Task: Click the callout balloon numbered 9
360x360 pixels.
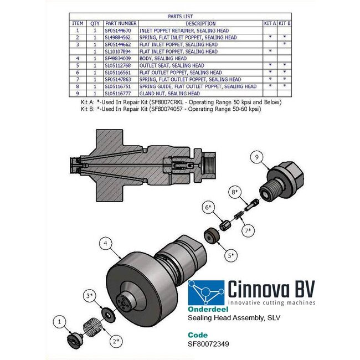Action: [256, 157]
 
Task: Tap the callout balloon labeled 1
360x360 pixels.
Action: [61, 320]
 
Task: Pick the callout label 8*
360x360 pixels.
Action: [234, 192]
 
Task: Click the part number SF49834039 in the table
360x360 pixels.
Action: [119, 58]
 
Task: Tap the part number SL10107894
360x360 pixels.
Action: [119, 52]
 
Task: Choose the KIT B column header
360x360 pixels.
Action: [284, 23]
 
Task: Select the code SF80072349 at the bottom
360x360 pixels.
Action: [209, 343]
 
